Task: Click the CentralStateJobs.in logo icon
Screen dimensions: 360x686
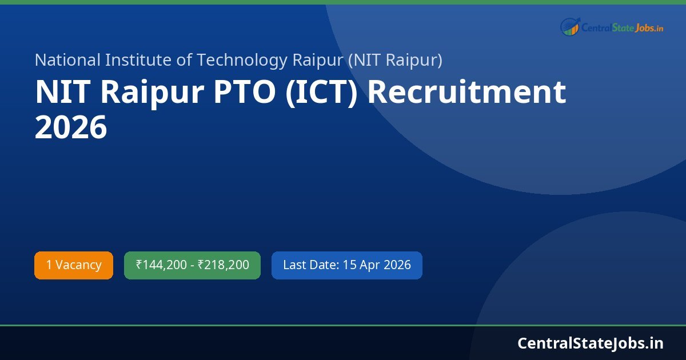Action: pos(570,26)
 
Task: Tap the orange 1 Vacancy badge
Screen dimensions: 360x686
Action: pos(74,265)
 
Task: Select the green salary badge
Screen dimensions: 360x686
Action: pos(192,265)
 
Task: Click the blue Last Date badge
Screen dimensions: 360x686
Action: pos(346,265)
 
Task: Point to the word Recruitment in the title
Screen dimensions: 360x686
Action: pos(466,93)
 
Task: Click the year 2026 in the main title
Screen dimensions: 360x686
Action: pos(71,128)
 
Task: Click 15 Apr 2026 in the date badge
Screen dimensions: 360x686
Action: pos(377,265)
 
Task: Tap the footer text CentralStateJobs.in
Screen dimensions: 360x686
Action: pos(591,343)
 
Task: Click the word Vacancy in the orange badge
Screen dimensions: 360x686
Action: pos(78,265)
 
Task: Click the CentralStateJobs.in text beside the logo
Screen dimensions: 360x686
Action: pos(623,27)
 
